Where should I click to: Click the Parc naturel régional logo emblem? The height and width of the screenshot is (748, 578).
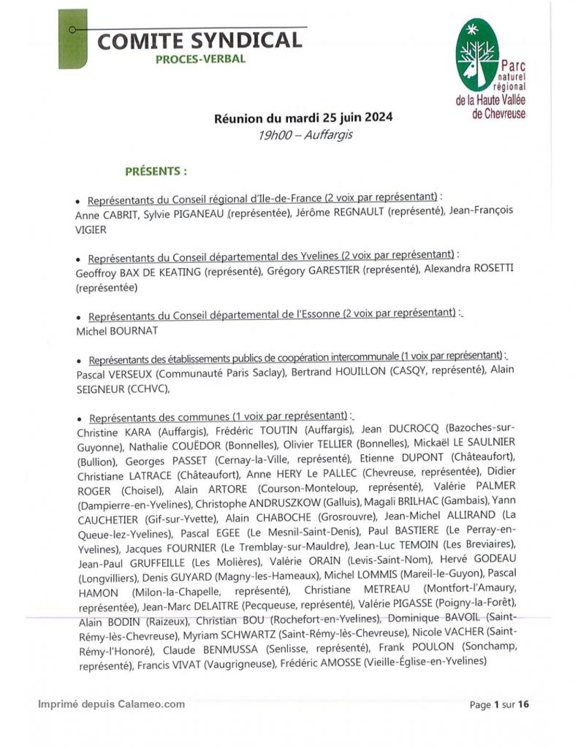(x=477, y=54)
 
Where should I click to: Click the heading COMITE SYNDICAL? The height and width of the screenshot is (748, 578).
(x=199, y=40)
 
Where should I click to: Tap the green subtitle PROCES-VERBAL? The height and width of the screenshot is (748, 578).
(x=200, y=59)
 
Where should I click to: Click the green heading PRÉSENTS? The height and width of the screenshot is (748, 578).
(x=156, y=172)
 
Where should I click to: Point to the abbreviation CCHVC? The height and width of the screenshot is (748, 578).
(x=146, y=387)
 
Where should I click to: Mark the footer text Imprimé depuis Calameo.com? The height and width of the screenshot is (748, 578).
(x=112, y=704)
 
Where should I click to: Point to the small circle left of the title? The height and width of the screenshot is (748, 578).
(x=72, y=30)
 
